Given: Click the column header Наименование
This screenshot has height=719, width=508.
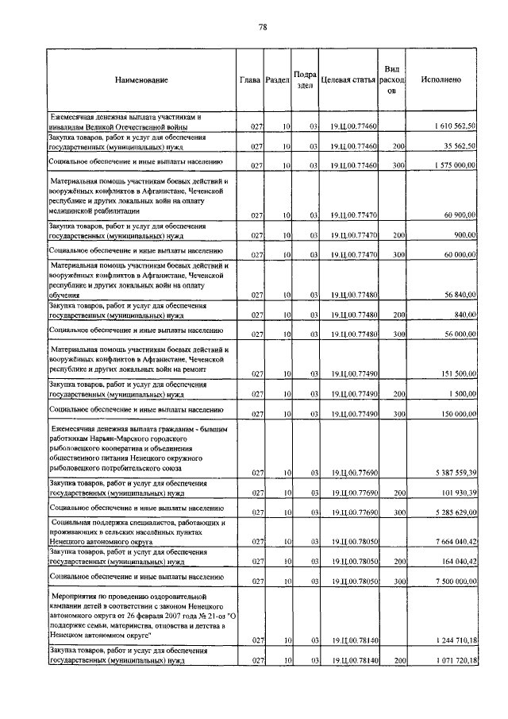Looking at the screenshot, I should (141, 80).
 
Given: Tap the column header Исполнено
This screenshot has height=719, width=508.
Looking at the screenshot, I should (441, 80).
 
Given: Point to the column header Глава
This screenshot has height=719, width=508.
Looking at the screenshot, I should (250, 80).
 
